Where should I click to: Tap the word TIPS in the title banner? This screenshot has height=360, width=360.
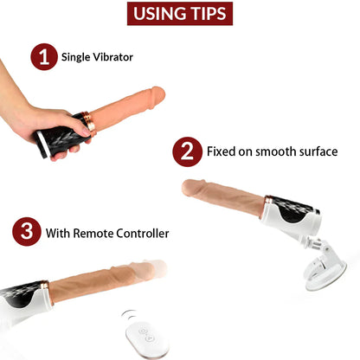210,15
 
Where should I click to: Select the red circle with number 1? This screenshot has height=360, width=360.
43,57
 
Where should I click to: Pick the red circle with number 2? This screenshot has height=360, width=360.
186,152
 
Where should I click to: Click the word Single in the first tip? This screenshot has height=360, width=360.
77,58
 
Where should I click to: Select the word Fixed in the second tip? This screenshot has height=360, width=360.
221,152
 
